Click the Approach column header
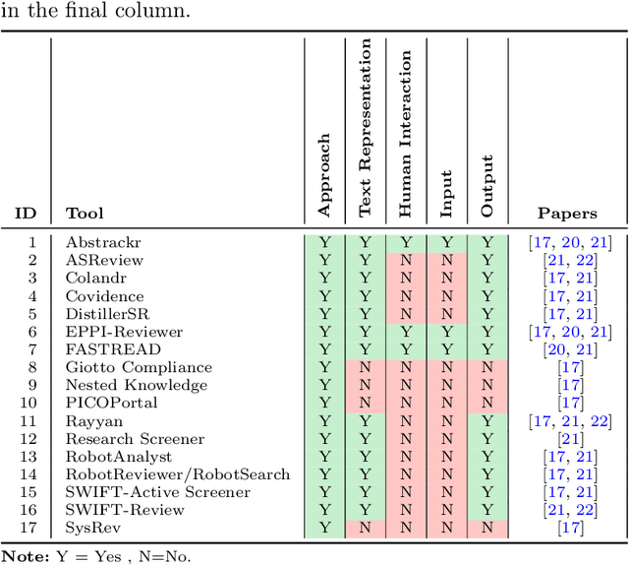(325, 176)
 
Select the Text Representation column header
(366, 128)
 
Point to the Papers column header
(567, 213)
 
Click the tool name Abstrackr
(98, 242)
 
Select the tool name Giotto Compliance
(125, 367)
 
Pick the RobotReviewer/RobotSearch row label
(178, 474)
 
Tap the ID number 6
(32, 332)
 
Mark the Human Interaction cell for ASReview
(406, 260)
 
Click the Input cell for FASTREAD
(446, 349)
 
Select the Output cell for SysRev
(486, 528)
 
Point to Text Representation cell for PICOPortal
(366, 403)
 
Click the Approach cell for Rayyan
(325, 421)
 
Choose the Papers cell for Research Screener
(567, 439)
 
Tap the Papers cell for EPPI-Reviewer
(567, 332)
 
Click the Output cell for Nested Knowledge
(486, 385)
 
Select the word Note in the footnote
(22, 555)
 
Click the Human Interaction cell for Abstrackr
(406, 242)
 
